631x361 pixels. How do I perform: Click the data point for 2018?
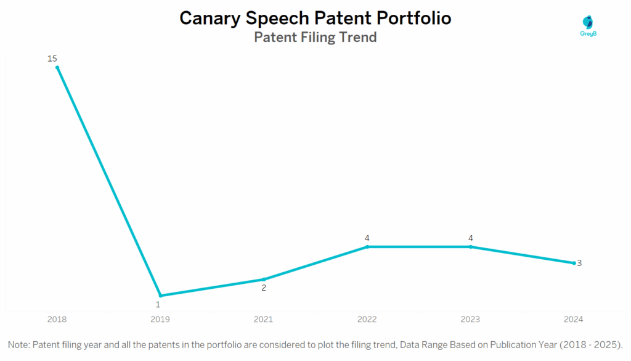coord(57,68)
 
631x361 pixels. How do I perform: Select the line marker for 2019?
coord(161,296)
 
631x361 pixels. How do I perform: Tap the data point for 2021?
coord(264,280)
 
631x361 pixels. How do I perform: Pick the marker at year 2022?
coord(367,247)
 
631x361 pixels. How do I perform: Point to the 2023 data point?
coord(471,247)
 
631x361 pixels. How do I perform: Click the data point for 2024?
coord(574,263)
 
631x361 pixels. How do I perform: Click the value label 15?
coord(52,59)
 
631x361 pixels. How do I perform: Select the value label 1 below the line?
coord(158,304)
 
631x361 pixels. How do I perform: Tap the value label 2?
coord(264,288)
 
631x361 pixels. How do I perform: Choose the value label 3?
coord(579,263)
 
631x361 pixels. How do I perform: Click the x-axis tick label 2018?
coord(57,320)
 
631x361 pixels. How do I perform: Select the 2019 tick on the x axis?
coord(161,320)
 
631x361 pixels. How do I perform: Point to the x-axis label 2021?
coord(264,320)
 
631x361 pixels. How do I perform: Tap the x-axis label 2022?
coord(367,320)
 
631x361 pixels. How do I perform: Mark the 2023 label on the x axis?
coord(471,320)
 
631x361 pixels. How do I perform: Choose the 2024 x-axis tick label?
coord(573,320)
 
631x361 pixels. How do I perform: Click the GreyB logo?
coord(588,27)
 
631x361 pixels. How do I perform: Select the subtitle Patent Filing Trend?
coord(315,38)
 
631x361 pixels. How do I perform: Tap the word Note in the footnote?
coord(20,344)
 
